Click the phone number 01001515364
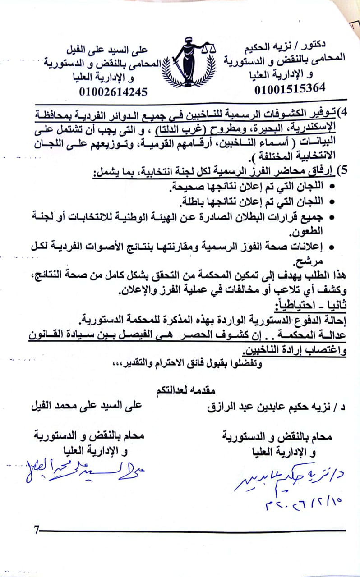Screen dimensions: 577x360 [x=289, y=89]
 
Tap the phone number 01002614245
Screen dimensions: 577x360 [x=113, y=92]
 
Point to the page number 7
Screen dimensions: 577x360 [x=36, y=530]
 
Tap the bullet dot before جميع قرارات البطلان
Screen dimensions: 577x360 [x=332, y=218]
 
